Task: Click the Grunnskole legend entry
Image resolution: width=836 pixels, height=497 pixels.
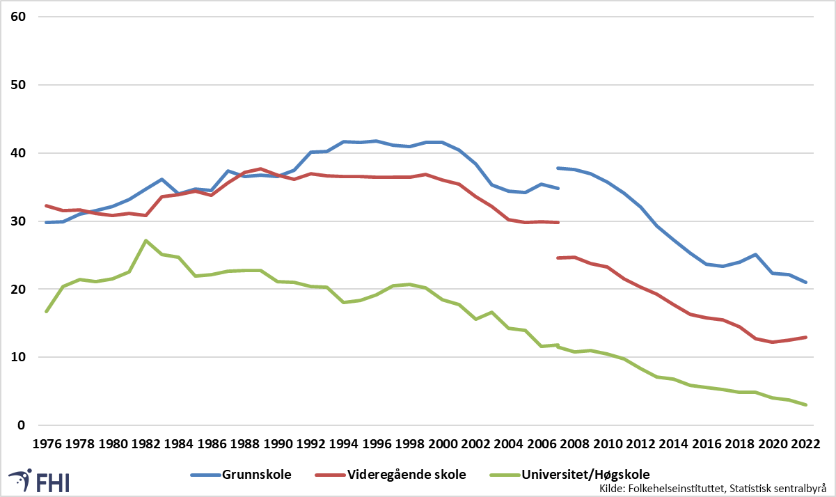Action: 241,475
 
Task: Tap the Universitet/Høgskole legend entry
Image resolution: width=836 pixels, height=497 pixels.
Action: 569,475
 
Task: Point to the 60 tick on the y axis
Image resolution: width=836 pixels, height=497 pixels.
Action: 18,17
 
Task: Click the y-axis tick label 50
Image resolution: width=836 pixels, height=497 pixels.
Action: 18,85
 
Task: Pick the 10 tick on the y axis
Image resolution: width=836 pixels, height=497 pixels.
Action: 18,357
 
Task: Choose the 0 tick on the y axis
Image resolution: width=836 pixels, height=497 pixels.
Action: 22,425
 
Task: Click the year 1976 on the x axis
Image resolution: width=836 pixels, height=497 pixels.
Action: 47,444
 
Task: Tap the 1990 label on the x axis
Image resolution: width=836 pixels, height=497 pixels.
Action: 278,444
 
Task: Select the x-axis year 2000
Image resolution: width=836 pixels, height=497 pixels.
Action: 443,444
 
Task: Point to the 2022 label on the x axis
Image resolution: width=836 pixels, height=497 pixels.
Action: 806,444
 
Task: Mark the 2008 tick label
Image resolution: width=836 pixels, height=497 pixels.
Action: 575,444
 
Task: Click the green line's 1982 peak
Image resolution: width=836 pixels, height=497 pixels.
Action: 145,241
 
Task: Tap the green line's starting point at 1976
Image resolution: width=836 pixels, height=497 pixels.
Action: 47,311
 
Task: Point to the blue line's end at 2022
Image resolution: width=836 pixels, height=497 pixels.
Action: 806,282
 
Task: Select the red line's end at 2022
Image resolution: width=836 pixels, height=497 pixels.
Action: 806,338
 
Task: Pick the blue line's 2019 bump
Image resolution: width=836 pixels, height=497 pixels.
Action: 756,255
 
